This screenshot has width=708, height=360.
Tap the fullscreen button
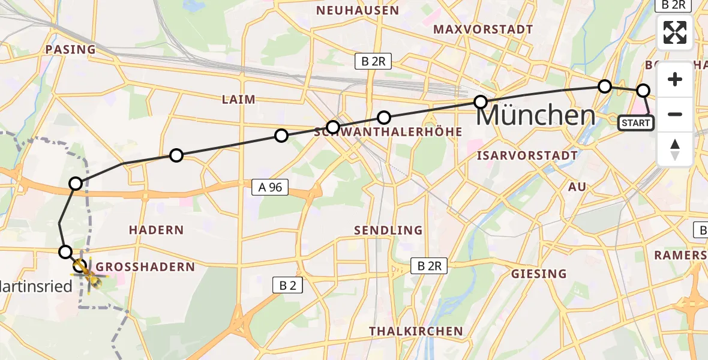(675, 32)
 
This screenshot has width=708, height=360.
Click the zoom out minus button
(675, 114)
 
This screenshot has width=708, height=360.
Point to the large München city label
(535, 115)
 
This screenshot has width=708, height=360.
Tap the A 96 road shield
(271, 188)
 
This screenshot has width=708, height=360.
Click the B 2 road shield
(287, 286)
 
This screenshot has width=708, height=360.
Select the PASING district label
(71, 49)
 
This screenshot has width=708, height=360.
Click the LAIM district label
(238, 99)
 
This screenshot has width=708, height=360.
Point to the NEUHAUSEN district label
(358, 10)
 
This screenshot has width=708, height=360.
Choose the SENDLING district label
(388, 230)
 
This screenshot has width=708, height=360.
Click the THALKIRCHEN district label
(416, 331)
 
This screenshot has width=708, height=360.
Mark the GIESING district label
(538, 274)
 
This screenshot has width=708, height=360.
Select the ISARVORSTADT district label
(527, 155)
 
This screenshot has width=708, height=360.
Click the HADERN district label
(156, 230)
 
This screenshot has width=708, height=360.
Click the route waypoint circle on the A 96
(76, 184)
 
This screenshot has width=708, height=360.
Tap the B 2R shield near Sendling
(429, 266)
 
